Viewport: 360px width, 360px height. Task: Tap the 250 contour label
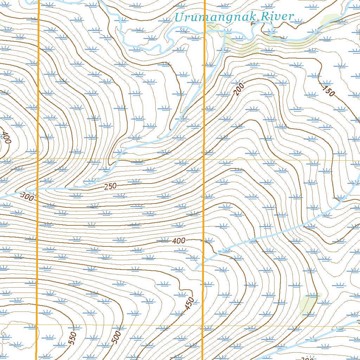[x=110, y=186]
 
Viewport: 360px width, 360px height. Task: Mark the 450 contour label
[x=189, y=303]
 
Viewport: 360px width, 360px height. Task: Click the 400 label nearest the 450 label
[x=179, y=241]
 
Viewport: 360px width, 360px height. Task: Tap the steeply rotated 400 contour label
[x=6, y=137]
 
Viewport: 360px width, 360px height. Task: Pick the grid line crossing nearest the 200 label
[x=204, y=159]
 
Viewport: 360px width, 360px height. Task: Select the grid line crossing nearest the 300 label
[x=38, y=159]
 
